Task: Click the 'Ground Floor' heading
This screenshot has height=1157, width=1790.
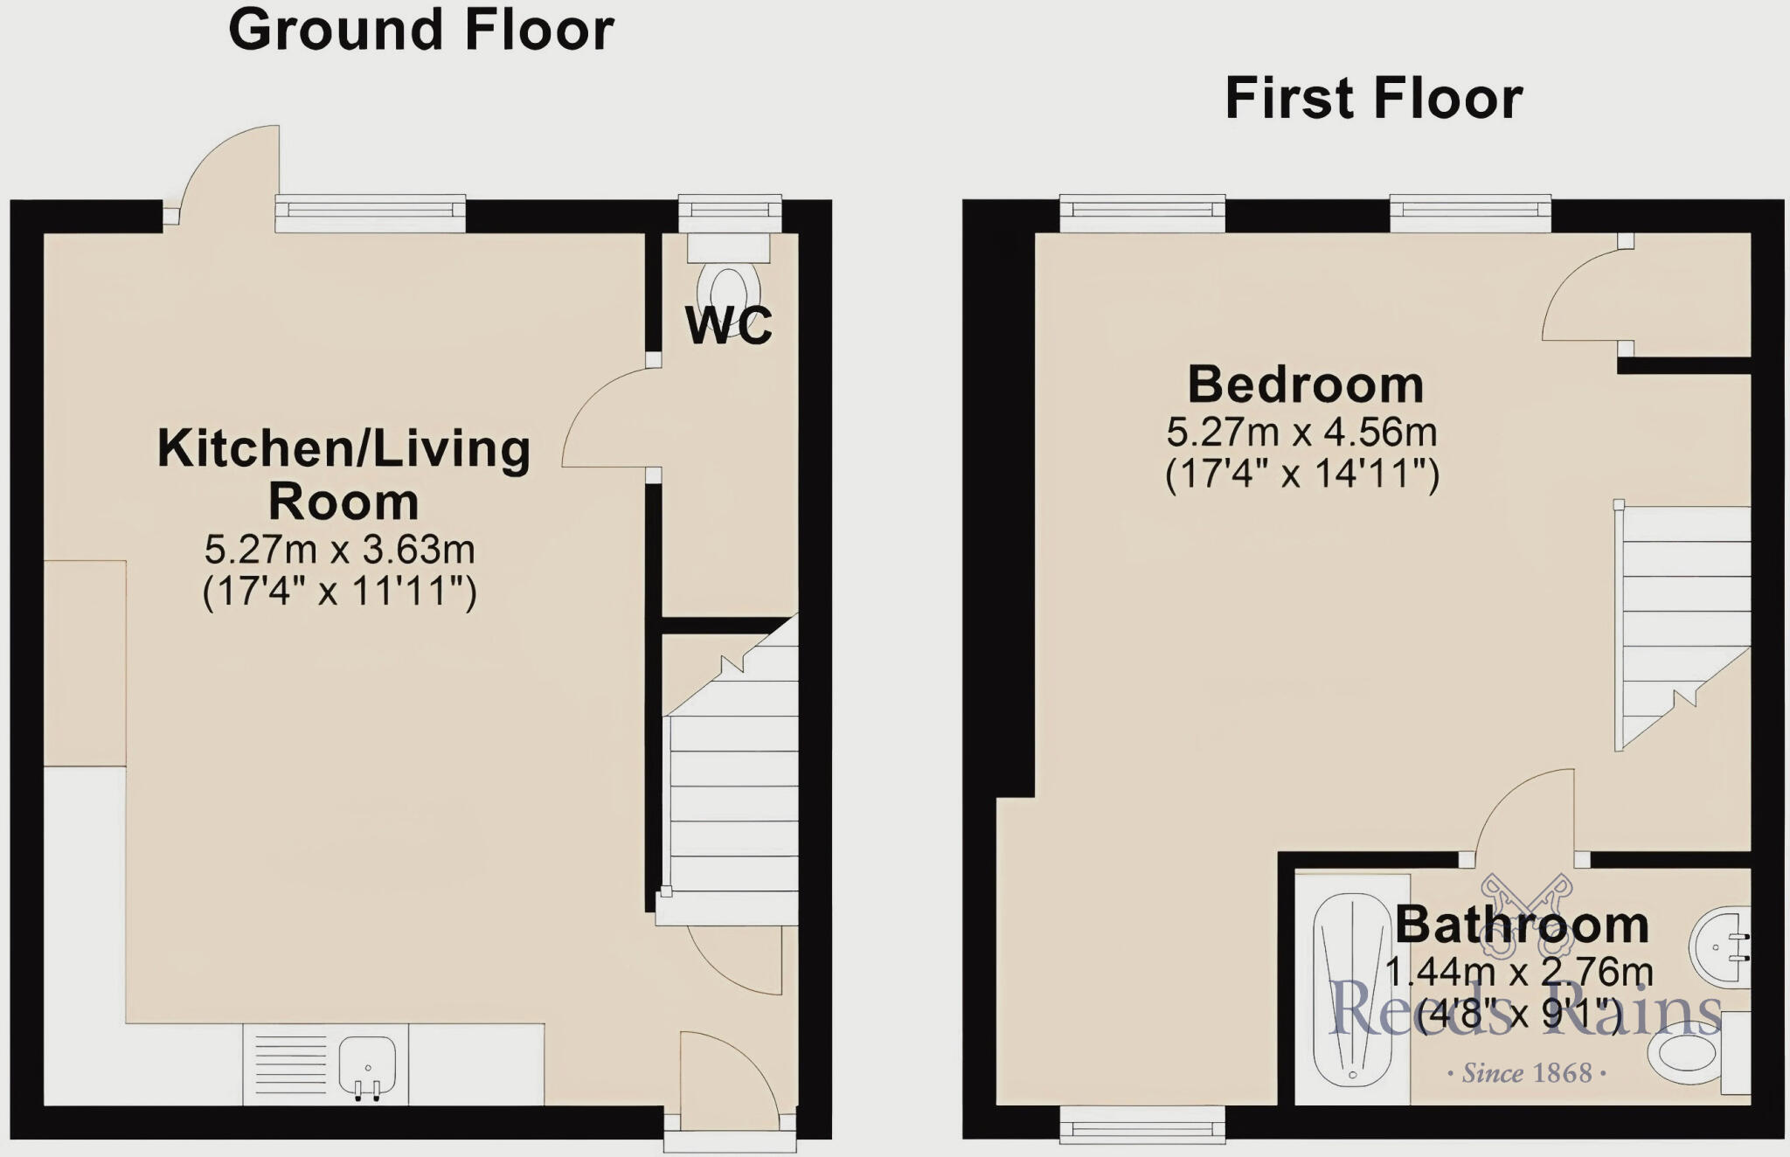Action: pyautogui.click(x=420, y=31)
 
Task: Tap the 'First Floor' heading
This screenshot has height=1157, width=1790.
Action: pyautogui.click(x=1373, y=98)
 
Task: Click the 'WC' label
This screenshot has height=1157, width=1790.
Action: pyautogui.click(x=728, y=325)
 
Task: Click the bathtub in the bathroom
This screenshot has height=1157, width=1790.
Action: pyautogui.click(x=1351, y=987)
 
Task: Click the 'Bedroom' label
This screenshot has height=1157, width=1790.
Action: pyautogui.click(x=1305, y=385)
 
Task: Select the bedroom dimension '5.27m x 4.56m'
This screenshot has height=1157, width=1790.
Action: pyautogui.click(x=1301, y=432)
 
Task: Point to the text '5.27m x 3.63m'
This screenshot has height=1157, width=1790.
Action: pyautogui.click(x=339, y=550)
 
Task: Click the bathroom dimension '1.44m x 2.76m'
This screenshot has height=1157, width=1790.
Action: pyautogui.click(x=1519, y=972)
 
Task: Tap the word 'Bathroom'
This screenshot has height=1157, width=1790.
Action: pyautogui.click(x=1521, y=925)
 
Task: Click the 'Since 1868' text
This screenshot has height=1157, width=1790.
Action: pyautogui.click(x=1527, y=1073)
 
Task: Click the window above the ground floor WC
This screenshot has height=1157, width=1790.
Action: pyautogui.click(x=730, y=210)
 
